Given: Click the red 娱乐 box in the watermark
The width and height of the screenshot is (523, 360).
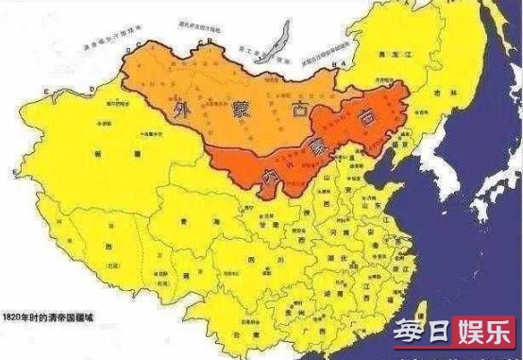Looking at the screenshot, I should coord(484,336).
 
